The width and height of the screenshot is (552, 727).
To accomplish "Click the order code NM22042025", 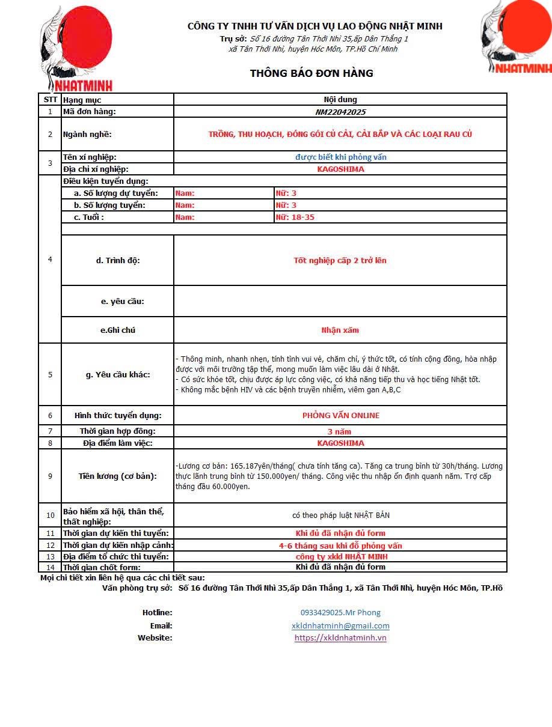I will click(x=340, y=112).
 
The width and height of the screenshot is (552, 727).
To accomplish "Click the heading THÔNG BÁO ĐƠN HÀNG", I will click(x=311, y=73).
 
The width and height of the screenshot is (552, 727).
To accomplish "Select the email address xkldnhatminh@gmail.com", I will click(x=340, y=625).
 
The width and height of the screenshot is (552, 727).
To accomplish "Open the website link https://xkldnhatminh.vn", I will click(x=340, y=637).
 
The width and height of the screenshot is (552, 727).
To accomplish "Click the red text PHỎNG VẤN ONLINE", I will click(x=340, y=415).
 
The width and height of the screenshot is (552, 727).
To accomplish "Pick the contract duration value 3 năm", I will click(x=339, y=431).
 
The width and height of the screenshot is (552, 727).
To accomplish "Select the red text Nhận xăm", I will click(x=340, y=330).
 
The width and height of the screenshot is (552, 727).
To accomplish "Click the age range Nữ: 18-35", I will click(x=295, y=217).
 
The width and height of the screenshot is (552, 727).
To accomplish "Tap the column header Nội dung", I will click(x=340, y=100).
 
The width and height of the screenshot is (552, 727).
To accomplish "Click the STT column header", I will click(x=50, y=100).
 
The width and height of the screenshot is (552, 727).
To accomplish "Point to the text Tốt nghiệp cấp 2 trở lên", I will click(x=340, y=260).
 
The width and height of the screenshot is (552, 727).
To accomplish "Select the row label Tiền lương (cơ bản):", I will click(x=118, y=476).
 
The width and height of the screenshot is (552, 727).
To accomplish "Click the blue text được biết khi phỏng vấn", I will click(x=340, y=157).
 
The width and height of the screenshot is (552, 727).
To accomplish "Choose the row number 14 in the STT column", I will click(x=50, y=567).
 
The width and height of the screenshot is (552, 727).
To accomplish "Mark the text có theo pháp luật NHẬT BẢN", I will click(x=340, y=515).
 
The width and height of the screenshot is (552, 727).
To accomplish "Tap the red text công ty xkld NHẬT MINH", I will click(x=340, y=556).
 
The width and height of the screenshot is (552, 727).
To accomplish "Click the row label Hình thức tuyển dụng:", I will click(x=118, y=415).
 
